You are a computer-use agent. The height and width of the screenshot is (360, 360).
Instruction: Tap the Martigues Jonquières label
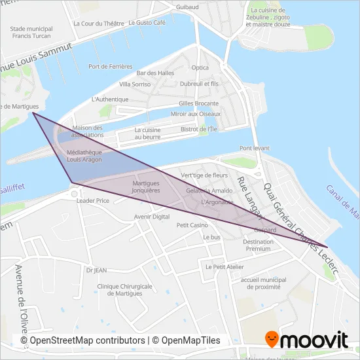tap(146, 187)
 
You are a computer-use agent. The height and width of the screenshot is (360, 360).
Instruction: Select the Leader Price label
tap(93, 201)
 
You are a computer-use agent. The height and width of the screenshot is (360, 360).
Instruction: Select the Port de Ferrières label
tap(111, 67)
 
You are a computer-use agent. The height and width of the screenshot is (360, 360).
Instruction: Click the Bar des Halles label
tap(154, 73)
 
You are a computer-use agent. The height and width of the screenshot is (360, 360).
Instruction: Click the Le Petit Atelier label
tap(225, 266)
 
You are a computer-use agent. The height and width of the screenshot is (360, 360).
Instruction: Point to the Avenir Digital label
tap(151, 216)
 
